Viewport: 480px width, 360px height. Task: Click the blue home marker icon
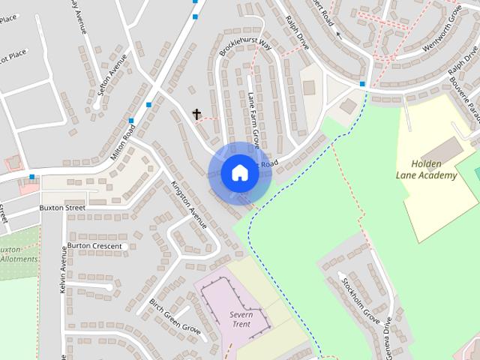(x=239, y=172)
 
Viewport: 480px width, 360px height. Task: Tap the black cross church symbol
(x=197, y=114)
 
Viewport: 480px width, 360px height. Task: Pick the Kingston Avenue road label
(x=187, y=204)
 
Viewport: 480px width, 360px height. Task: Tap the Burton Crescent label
(x=94, y=245)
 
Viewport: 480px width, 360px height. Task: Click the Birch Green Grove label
(x=174, y=317)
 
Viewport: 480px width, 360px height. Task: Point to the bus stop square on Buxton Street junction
(x=31, y=178)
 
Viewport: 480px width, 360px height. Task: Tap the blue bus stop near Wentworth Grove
(x=362, y=84)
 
